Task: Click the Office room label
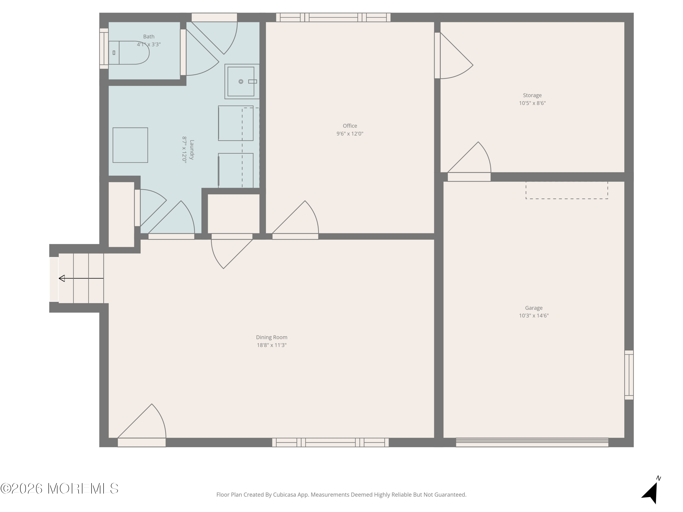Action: click(x=350, y=126)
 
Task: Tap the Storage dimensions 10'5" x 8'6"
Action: click(x=532, y=103)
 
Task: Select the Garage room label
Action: click(x=534, y=308)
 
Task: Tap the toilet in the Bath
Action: click(x=129, y=53)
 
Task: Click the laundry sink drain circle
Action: click(x=241, y=81)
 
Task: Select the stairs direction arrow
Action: click(x=81, y=278)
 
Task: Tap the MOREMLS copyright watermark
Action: click(x=59, y=489)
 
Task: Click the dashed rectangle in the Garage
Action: click(x=567, y=190)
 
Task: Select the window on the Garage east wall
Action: click(x=629, y=375)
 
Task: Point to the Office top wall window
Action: click(x=333, y=17)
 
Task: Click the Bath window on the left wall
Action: click(x=104, y=48)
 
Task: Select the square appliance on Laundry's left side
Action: click(x=130, y=145)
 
